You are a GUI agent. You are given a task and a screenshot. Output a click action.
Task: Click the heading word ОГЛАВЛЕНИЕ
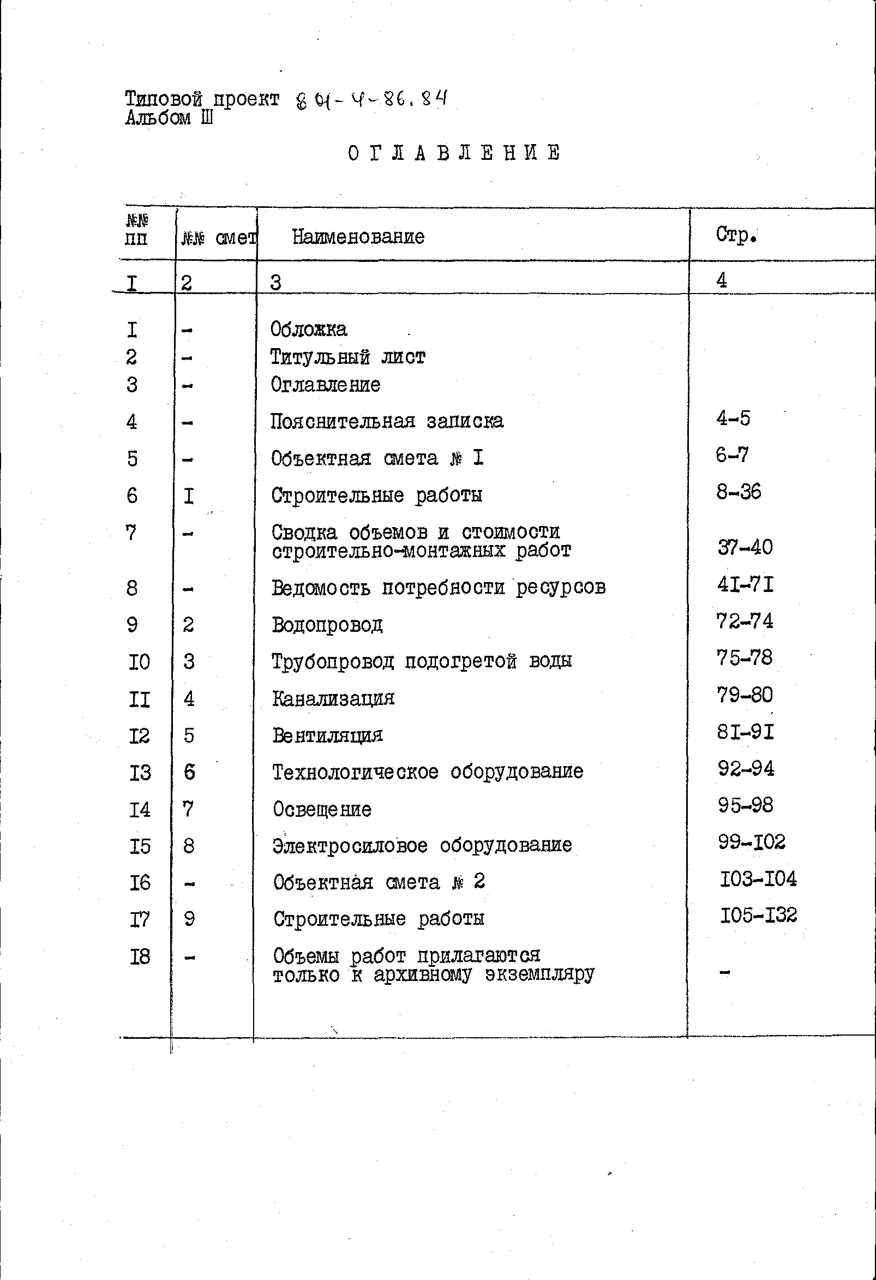point(454,153)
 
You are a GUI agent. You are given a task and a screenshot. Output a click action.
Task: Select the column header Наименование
point(358,237)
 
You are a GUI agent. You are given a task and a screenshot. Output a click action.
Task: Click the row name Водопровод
point(327,625)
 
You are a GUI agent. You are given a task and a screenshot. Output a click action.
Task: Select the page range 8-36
point(739,491)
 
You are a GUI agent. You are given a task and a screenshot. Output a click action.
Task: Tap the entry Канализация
point(333,698)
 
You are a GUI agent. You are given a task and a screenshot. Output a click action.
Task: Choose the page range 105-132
point(758,916)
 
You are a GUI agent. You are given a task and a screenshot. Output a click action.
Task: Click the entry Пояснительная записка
point(387,421)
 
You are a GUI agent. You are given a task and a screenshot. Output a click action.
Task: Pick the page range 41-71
point(745,584)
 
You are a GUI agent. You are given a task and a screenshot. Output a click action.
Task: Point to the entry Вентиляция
point(328,735)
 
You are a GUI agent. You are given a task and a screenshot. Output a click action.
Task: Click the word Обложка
point(308,330)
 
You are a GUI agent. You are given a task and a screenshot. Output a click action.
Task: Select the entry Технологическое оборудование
point(428,771)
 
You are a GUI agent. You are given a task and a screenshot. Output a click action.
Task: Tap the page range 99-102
point(752,841)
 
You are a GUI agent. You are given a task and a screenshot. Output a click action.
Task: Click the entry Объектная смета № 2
point(379,882)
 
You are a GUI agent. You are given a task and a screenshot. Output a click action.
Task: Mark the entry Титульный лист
point(347,357)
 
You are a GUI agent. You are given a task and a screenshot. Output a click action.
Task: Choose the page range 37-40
point(745,547)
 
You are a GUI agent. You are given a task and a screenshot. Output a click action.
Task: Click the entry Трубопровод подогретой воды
point(421,661)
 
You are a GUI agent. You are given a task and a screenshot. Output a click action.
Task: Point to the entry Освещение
point(322,809)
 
